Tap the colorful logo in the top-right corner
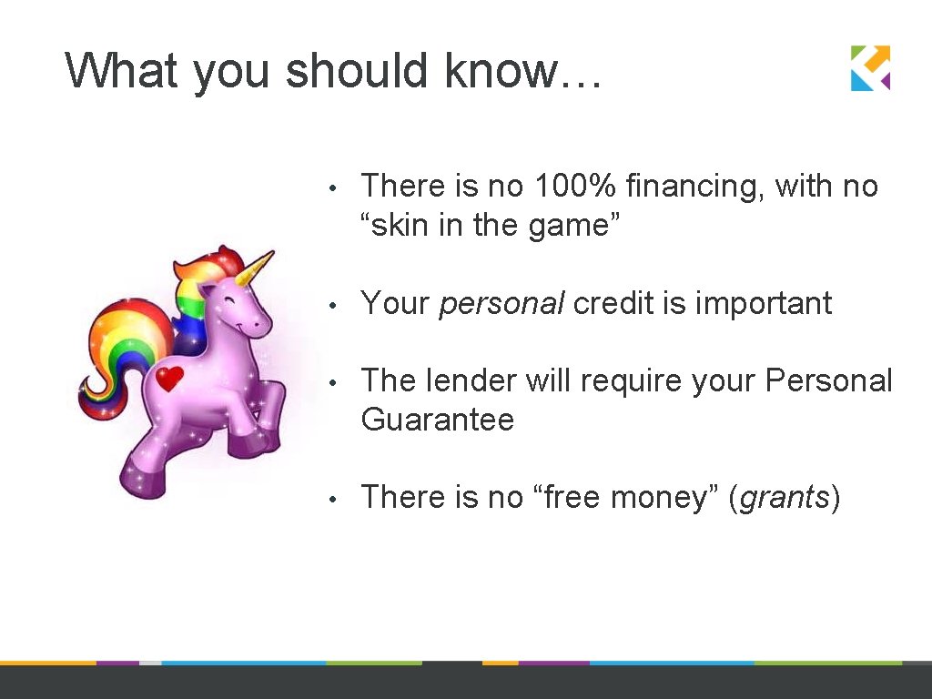[870, 68]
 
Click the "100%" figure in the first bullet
[576, 187]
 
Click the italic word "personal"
[501, 304]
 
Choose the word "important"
[763, 304]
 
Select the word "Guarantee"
[437, 420]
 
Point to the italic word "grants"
[785, 498]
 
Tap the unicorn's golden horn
[256, 268]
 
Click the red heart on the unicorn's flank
[169, 378]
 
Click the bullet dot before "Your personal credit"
[335, 305]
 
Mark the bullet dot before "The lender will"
[335, 382]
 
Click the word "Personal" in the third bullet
[829, 380]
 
